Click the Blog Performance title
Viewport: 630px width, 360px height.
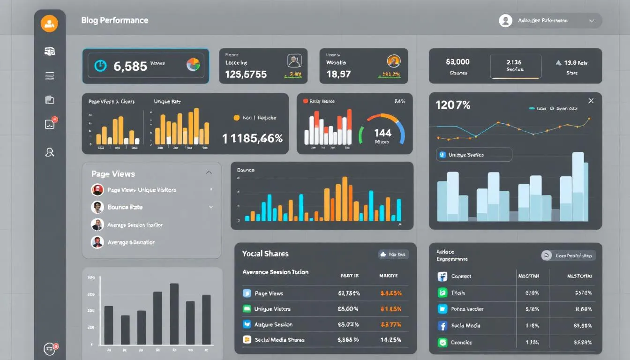[114, 20]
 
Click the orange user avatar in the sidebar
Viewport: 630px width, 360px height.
[49, 23]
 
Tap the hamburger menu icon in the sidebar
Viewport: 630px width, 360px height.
[49, 76]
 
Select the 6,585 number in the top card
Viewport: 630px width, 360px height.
[130, 66]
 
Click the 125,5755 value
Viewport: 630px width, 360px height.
[246, 74]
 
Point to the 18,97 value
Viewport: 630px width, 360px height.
[338, 74]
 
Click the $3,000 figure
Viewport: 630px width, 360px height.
[457, 62]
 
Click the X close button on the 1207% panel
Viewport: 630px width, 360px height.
[591, 101]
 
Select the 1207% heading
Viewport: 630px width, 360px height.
[453, 105]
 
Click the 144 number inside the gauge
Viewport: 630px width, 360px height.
[382, 133]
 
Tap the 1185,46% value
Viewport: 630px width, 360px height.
[253, 138]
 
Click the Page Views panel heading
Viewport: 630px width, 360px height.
[113, 174]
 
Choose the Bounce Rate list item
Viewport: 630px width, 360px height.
[125, 207]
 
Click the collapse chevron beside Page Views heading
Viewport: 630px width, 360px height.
[209, 173]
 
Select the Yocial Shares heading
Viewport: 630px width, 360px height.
[265, 254]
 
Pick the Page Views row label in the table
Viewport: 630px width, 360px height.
[269, 293]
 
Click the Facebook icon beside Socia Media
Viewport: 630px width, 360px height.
[442, 326]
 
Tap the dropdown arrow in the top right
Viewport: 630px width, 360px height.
[591, 21]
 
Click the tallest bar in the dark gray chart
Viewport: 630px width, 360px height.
[174, 314]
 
